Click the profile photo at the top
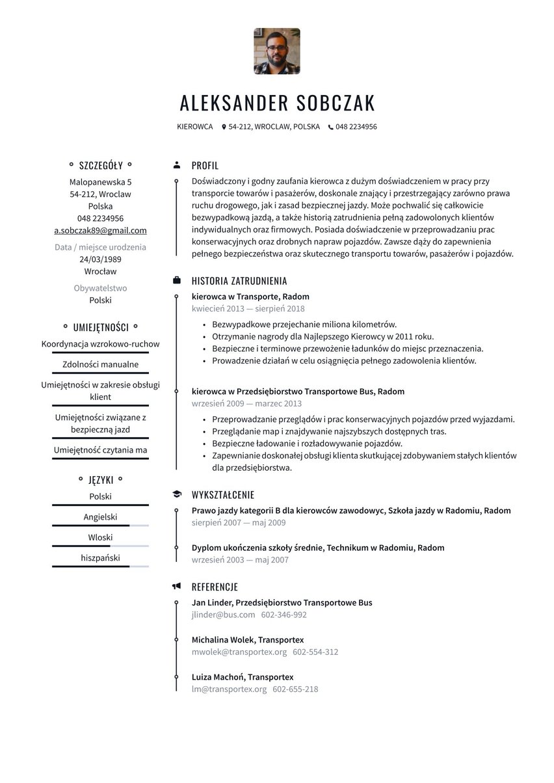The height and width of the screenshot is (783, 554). coord(276,51)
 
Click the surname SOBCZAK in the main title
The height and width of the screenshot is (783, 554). coord(336,103)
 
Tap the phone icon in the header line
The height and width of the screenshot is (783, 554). coord(330,127)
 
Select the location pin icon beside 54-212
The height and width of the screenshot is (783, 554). coord(224,127)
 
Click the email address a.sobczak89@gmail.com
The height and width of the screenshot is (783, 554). coord(100,230)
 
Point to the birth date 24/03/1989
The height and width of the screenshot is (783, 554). coord(100,259)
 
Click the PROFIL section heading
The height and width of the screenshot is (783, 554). coord(205,166)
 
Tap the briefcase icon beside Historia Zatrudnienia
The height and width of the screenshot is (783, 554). coord(176,280)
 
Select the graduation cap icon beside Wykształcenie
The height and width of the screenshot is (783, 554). coord(176,494)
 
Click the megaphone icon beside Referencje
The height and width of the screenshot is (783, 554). coord(176,586)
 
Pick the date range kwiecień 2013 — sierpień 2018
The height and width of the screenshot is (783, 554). coord(248,309)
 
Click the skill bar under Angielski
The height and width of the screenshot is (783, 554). coord(100,525)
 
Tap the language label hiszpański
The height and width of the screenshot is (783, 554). coord(100,557)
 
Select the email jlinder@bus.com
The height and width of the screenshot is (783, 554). coord(223,615)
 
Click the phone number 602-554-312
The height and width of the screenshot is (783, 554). coord(315,652)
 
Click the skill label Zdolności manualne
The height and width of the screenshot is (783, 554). coord(100,364)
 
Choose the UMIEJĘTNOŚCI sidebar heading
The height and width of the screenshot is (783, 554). coord(100,327)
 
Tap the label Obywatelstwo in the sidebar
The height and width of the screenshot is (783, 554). coord(100,288)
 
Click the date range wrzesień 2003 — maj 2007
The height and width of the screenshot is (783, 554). coord(240,560)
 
